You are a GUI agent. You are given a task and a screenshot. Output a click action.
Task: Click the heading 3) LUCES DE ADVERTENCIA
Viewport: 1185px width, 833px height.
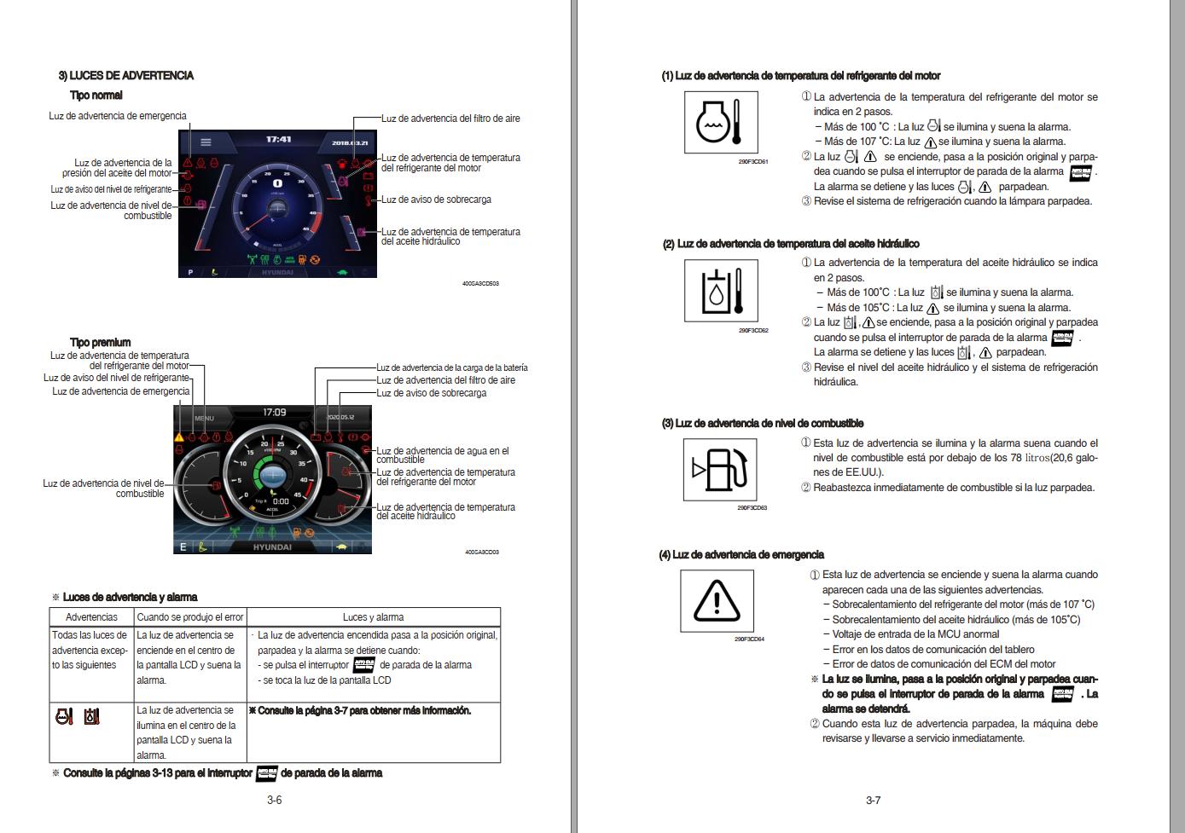tap(125, 76)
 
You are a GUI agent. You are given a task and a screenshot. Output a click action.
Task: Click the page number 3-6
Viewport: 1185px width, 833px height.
tap(274, 800)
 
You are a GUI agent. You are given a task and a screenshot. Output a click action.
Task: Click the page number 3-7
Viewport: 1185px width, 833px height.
tap(873, 800)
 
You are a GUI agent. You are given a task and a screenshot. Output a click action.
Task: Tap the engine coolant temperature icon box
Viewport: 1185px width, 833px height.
tap(721, 123)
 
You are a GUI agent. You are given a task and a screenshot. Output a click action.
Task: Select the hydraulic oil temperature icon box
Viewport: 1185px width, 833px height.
tap(721, 291)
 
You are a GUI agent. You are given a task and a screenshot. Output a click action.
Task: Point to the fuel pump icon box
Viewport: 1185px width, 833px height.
tap(720, 469)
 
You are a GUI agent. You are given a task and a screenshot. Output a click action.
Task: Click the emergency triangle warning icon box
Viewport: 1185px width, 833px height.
tap(717, 600)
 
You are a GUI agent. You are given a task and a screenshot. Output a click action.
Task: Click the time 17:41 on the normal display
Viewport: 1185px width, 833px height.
tap(278, 139)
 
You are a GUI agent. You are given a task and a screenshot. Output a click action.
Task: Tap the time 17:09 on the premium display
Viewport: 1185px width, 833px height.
tap(274, 413)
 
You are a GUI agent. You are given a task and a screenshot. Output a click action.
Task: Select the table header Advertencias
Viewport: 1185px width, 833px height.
tap(91, 617)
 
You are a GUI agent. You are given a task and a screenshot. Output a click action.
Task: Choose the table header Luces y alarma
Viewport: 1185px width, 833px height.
tap(373, 617)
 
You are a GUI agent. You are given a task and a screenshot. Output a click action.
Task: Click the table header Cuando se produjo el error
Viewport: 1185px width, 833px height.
tap(190, 617)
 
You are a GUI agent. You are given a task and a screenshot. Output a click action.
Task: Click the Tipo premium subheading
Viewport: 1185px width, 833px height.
tap(100, 343)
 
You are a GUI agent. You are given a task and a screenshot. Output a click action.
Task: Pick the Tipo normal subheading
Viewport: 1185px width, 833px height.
tap(96, 95)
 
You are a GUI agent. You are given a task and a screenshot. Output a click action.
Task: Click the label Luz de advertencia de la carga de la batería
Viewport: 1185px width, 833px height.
tap(451, 367)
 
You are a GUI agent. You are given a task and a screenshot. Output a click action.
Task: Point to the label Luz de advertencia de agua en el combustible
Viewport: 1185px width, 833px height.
tap(442, 455)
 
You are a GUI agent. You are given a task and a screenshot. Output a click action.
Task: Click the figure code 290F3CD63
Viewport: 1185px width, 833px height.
tap(752, 508)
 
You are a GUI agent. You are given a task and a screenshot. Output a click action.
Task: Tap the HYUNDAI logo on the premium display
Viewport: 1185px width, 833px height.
tap(272, 547)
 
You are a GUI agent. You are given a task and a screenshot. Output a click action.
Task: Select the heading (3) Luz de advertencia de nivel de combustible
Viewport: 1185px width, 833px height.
tap(762, 424)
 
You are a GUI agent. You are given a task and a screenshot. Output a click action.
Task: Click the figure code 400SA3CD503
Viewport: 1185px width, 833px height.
tap(480, 283)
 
